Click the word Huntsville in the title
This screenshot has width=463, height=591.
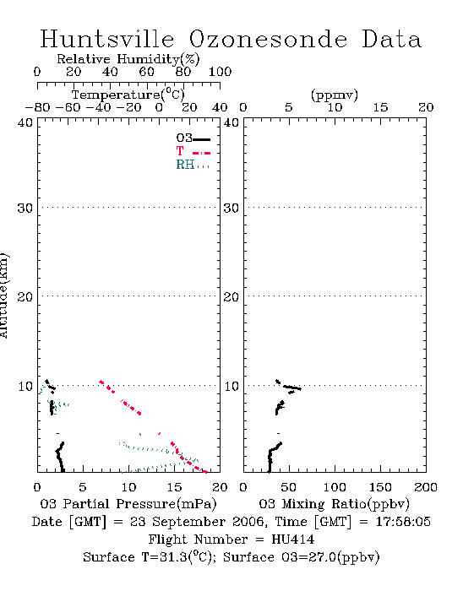[x=107, y=39]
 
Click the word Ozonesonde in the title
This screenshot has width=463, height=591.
[x=268, y=39]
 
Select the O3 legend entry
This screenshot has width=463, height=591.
[x=193, y=138]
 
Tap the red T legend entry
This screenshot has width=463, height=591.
[x=193, y=151]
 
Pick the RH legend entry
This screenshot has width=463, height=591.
[x=193, y=165]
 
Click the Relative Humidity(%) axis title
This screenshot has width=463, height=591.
[x=128, y=59]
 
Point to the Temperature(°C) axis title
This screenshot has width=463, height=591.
[x=128, y=95]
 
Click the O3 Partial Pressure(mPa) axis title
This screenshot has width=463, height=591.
[x=128, y=504]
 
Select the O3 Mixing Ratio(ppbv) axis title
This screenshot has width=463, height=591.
[x=334, y=504]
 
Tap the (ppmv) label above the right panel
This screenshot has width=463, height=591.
[x=335, y=95]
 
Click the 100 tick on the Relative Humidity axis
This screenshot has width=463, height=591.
[x=220, y=72]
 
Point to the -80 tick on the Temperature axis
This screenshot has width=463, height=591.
[x=37, y=107]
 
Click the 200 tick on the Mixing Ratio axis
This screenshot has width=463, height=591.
[x=426, y=487]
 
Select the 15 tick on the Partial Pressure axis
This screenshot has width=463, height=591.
[x=174, y=487]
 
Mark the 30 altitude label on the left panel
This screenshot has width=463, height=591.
[x=25, y=208]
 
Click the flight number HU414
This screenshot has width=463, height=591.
[x=293, y=539]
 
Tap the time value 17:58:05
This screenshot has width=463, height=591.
[x=403, y=522]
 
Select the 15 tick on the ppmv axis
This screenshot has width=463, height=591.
[x=380, y=107]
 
